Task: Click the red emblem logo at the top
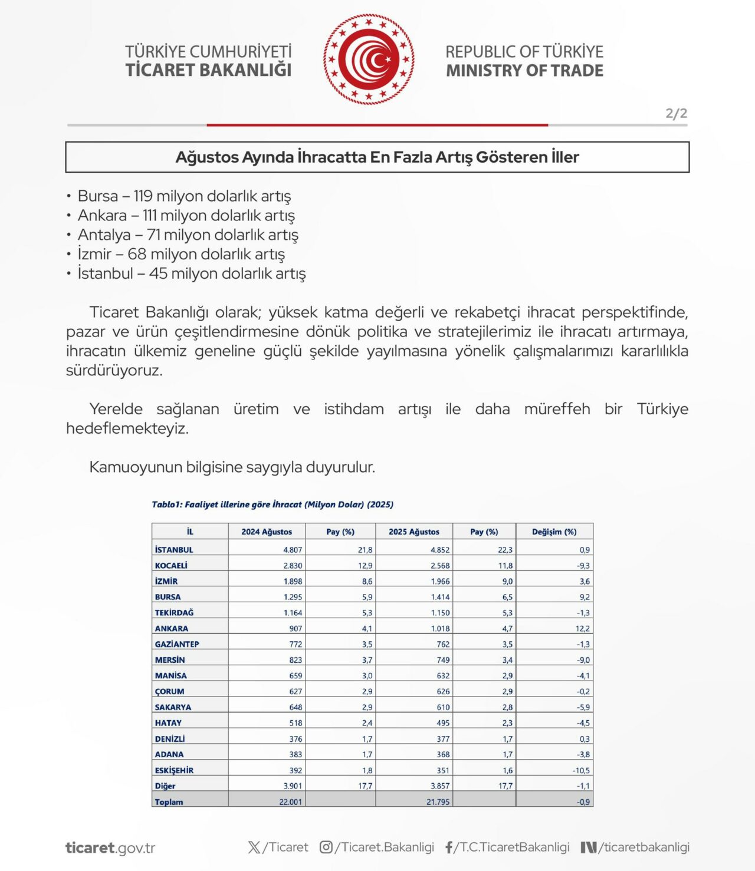coord(369,60)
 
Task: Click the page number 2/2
coord(676,113)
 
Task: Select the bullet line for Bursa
coord(184,196)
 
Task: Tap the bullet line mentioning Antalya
coord(188,235)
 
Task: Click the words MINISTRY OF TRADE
coord(524,71)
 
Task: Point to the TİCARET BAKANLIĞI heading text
coord(208,70)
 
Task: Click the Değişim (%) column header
coord(554,532)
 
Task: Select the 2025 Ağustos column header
coord(413,532)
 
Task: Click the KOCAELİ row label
coord(171,565)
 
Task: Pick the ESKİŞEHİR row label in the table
coord(174,770)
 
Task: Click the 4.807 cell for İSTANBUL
coord(293,550)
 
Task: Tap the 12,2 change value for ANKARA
coord(582,628)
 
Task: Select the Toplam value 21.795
coord(438,802)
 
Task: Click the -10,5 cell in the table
coord(580,770)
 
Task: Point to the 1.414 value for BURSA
coord(440,597)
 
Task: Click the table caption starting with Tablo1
coord(272,504)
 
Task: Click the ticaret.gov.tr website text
coord(110,848)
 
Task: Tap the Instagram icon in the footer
coord(326,847)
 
